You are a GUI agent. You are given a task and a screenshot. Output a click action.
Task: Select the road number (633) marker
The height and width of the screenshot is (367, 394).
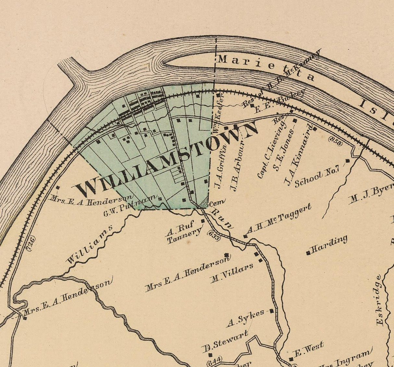(213, 236)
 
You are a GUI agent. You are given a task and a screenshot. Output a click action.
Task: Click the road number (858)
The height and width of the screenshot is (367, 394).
(334, 141)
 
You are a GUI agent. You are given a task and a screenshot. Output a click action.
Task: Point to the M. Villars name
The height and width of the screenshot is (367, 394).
(231, 274)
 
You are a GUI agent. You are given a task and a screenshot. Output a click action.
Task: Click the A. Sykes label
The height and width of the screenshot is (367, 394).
(245, 319)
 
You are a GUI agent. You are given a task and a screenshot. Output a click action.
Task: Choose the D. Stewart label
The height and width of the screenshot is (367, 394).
(225, 342)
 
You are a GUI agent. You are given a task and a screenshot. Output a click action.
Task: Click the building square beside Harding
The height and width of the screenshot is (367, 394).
(308, 253)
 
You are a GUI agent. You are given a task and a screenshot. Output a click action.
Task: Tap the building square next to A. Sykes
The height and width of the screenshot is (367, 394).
(272, 311)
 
